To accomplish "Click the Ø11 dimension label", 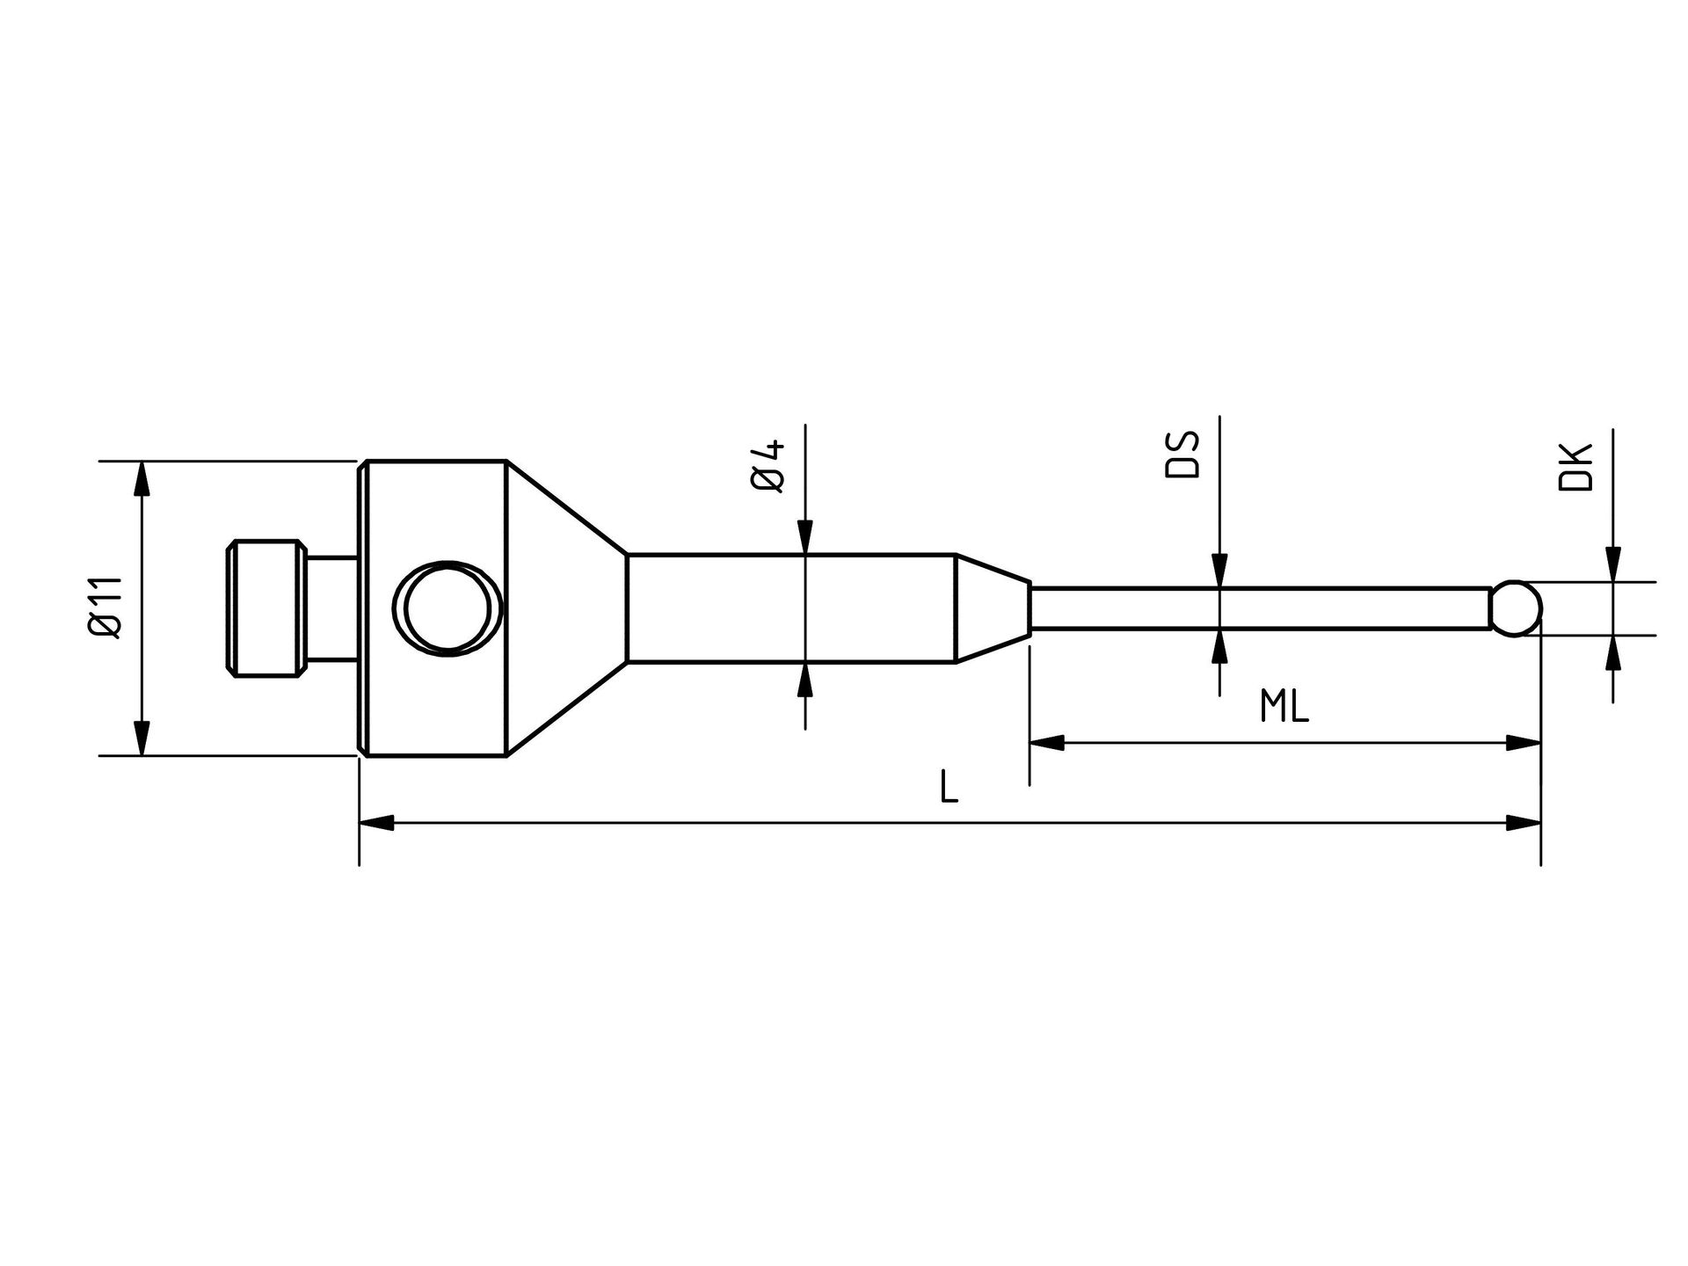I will point(105,608).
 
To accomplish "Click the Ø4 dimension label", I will point(768,466).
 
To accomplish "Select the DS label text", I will point(1182,455).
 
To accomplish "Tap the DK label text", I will point(1575,468).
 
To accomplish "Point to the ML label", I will point(1284,706).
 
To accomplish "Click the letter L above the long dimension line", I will point(949,787).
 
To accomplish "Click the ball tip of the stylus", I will point(1518,607).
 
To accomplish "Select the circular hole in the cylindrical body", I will point(447,608).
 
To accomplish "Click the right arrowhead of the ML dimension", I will point(1523,744).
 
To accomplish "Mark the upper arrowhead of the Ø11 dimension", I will point(141,478).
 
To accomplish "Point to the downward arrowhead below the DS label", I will point(1219,570).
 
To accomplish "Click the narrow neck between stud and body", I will point(332,608).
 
